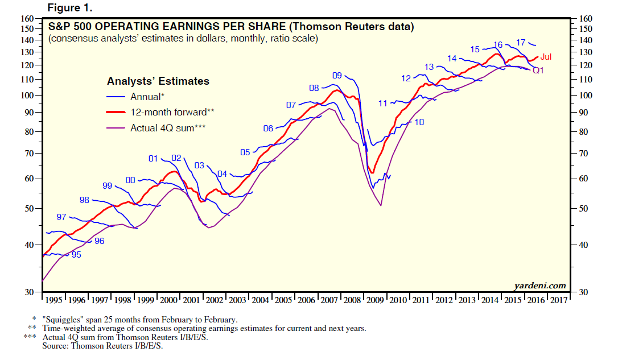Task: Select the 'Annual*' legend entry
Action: point(148,97)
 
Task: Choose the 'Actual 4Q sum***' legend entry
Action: point(167,128)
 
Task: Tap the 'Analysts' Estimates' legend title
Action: point(158,81)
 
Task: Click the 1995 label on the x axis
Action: point(54,300)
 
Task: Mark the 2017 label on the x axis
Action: point(559,300)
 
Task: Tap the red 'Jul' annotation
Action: point(546,57)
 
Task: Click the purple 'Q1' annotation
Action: point(538,70)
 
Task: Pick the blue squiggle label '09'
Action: point(337,76)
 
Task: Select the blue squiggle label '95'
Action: point(76,255)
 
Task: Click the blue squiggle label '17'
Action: point(520,43)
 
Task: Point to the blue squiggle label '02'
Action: point(176,158)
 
